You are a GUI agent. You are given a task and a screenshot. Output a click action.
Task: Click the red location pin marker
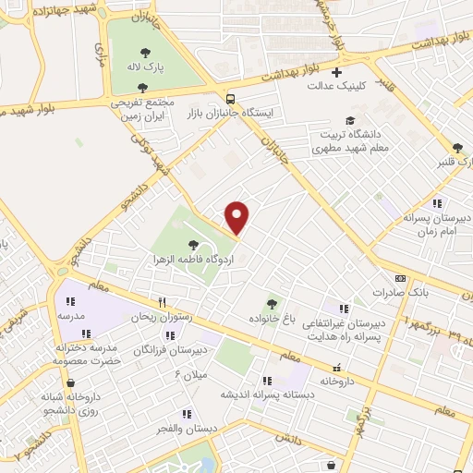coord(237,218)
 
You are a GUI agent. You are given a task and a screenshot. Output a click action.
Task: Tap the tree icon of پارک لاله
coord(145,52)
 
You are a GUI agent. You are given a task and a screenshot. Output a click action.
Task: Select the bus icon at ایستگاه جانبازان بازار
coord(229,99)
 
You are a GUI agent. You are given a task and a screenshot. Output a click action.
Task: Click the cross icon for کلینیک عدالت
coord(337,72)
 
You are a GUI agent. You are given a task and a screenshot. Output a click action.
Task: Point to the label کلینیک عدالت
coord(337,86)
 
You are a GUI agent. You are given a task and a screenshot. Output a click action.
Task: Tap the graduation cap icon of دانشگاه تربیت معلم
coord(349,120)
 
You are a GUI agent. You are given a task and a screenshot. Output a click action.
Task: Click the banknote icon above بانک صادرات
coord(399,278)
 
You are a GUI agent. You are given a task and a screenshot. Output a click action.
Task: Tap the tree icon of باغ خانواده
coord(272,303)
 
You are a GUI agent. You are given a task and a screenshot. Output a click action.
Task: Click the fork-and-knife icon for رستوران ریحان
coord(163,301)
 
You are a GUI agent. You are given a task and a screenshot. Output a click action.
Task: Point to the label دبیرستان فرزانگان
coord(168,350)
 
